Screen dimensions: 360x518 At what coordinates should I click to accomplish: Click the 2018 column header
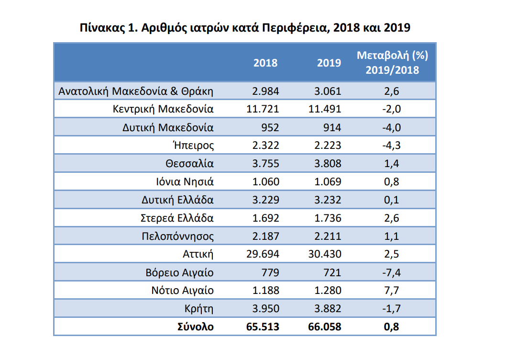[x=265, y=63]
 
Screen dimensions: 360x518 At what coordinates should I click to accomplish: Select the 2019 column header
[x=329, y=63]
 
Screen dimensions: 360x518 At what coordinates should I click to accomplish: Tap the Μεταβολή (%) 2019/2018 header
[x=392, y=62]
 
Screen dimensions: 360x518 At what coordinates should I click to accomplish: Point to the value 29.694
[x=263, y=254]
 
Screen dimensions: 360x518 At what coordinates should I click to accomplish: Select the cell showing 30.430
[x=325, y=254]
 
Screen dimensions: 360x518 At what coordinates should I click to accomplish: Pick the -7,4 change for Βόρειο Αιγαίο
[x=391, y=272]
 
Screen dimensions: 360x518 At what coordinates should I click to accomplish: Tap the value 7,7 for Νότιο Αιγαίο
[x=391, y=291]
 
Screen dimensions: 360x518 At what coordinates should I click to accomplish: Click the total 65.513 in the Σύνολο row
[x=262, y=327]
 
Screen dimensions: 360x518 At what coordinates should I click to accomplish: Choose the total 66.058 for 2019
[x=325, y=327]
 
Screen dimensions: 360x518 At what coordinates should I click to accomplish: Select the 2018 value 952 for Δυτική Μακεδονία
[x=269, y=127]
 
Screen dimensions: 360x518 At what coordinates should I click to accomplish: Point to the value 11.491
[x=325, y=109]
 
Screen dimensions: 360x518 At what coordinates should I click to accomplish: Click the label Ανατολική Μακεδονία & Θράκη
[x=136, y=91]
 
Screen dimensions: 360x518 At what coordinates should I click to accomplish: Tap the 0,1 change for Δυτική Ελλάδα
[x=391, y=200]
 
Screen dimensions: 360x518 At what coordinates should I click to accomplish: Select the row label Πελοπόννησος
[x=177, y=236]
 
